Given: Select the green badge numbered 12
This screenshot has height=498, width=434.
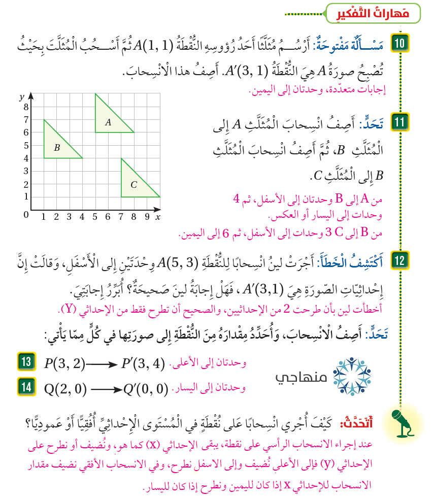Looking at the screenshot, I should point(399,261).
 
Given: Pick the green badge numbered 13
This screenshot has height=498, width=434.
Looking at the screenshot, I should point(26,362).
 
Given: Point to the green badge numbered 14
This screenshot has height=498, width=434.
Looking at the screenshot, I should point(26,387).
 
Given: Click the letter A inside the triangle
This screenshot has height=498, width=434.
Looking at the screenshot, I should point(108,122).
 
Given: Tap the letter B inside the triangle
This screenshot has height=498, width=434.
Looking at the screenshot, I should point(57,148).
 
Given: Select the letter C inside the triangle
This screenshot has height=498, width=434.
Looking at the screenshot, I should point(133,185).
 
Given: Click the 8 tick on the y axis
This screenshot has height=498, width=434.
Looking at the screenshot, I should point(26,107).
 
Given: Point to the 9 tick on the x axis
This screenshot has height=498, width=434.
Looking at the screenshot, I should point(147,217).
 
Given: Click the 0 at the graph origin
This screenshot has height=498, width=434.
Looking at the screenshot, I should point(26,215).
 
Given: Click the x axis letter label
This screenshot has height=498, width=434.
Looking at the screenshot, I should point(158,217).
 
